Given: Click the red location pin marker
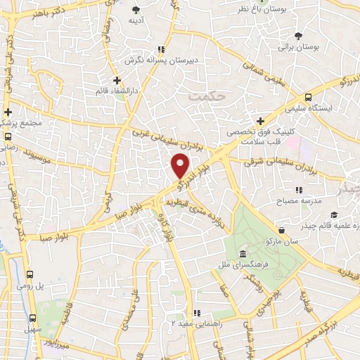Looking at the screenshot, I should point(181,165).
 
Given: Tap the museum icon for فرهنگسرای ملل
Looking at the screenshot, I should point(243,254).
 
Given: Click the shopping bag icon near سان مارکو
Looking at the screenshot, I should point(281,231).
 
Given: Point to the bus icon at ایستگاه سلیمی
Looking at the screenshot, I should point(309,98).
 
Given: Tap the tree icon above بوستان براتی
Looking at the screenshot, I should point(299,36).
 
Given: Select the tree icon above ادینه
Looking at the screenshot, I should point(136,9).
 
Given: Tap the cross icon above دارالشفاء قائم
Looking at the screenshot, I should point(117,79).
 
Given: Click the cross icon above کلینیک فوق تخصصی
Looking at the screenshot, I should point(261,121).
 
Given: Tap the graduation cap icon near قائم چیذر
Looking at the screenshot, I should point(335,214).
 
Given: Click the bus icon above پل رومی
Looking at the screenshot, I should point(30,275).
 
